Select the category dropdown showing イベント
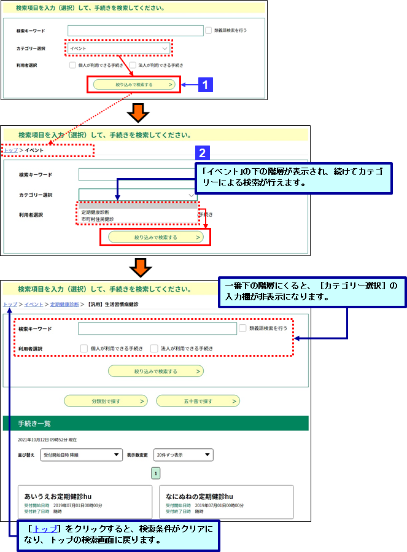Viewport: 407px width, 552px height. (118, 48)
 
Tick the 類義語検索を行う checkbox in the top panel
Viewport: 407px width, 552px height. (209, 30)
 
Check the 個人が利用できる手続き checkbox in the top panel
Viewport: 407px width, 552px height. (72, 64)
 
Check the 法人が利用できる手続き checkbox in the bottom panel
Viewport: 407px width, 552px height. (154, 348)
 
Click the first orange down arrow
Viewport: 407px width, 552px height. (138, 112)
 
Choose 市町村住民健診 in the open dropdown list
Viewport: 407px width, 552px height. (98, 219)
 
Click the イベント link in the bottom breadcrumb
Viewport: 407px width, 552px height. (34, 304)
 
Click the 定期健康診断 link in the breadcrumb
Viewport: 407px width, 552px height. (64, 304)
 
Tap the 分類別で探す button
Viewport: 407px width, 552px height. (106, 401)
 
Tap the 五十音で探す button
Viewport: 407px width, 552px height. (198, 401)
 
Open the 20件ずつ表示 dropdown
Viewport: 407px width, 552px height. (183, 455)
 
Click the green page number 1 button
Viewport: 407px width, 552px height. (156, 473)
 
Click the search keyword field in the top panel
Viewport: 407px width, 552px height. (135, 30)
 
